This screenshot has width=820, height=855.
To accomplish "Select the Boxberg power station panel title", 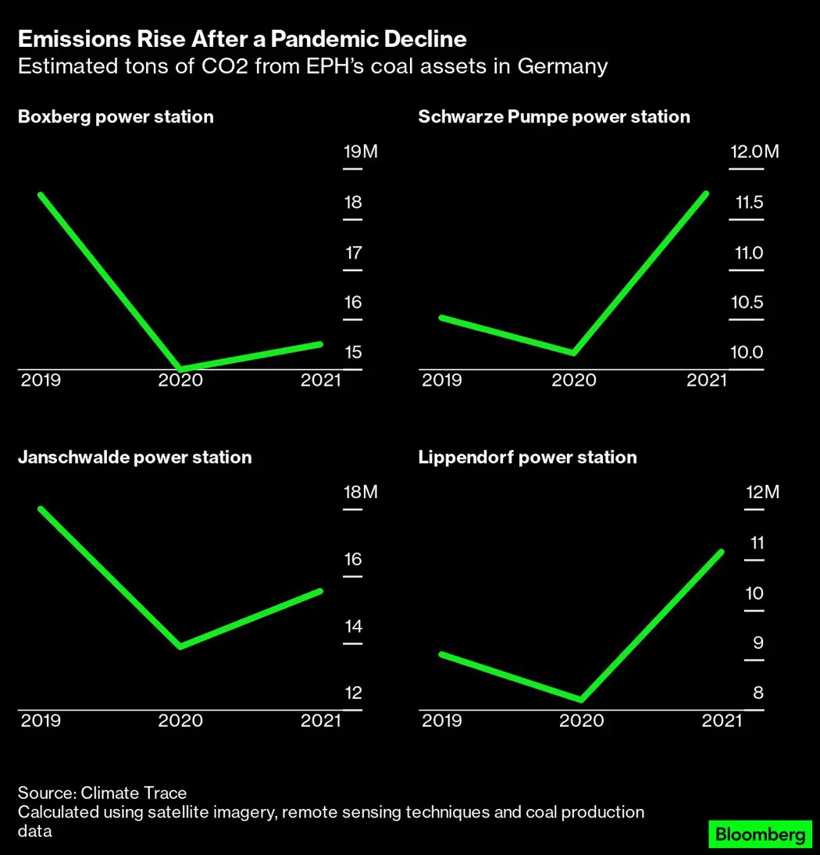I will coord(116,117).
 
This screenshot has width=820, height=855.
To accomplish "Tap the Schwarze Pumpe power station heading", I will coord(554,117).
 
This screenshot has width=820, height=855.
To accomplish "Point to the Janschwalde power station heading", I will coord(134,458).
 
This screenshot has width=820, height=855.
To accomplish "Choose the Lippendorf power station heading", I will coord(527,458).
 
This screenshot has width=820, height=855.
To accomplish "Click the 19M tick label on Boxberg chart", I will coord(360,151).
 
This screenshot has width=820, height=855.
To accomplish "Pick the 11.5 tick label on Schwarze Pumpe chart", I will coord(749,203).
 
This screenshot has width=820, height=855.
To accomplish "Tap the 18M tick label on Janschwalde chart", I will coord(360,493).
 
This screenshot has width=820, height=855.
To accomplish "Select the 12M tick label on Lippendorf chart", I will coord(762,493).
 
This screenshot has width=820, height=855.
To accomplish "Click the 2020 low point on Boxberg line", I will coord(180,368).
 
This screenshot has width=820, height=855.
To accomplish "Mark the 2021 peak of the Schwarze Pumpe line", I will coord(706,194).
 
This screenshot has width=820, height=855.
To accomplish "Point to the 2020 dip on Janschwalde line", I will coord(180,646).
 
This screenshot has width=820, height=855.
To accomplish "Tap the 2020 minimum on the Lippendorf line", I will coord(581,699).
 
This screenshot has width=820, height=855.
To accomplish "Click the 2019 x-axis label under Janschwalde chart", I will coord(41,721).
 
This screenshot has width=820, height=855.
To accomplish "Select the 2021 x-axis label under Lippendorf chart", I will coord(721,721).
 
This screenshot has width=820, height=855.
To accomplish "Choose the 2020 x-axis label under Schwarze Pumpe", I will coord(573,380).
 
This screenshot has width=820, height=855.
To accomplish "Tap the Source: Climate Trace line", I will coord(102,794).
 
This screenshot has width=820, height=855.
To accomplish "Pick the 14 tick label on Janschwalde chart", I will coord(353,626).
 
